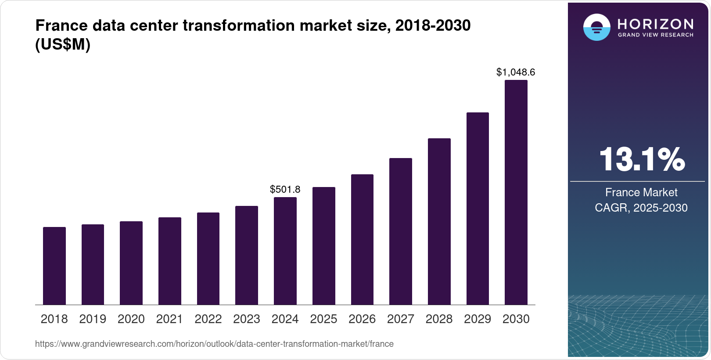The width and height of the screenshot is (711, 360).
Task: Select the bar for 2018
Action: click(54, 266)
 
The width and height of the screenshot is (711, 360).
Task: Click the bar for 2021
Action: click(170, 261)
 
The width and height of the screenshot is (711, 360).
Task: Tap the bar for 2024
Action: click(285, 251)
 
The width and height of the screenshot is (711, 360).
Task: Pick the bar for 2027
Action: click(400, 231)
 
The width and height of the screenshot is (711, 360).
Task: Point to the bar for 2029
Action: click(478, 209)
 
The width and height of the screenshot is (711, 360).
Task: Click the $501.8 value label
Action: click(285, 189)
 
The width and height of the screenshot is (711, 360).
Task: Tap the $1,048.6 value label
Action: click(516, 72)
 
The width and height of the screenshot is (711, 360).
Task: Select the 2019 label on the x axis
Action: click(93, 319)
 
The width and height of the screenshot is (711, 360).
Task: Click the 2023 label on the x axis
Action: click(247, 319)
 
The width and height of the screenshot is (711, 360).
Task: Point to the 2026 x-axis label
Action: click(362, 319)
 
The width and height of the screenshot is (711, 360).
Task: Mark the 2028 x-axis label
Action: click(439, 319)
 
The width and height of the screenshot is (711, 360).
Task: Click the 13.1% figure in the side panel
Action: click(641, 159)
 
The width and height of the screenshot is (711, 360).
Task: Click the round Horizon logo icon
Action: click(596, 27)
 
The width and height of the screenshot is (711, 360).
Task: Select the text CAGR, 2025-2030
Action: click(641, 208)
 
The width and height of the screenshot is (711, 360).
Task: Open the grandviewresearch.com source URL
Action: click(214, 344)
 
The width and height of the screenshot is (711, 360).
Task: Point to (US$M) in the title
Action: click(62, 45)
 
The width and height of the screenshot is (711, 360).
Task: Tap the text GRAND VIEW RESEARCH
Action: click(655, 35)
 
